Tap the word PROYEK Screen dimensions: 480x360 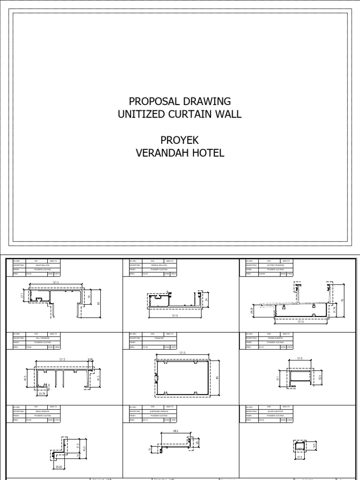(x=180, y=140)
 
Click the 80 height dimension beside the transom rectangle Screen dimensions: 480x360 (x=217, y=378)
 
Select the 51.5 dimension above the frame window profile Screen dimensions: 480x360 (x=300, y=358)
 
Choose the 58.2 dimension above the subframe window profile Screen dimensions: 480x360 (x=174, y=431)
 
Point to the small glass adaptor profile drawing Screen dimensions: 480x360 (x=300, y=447)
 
